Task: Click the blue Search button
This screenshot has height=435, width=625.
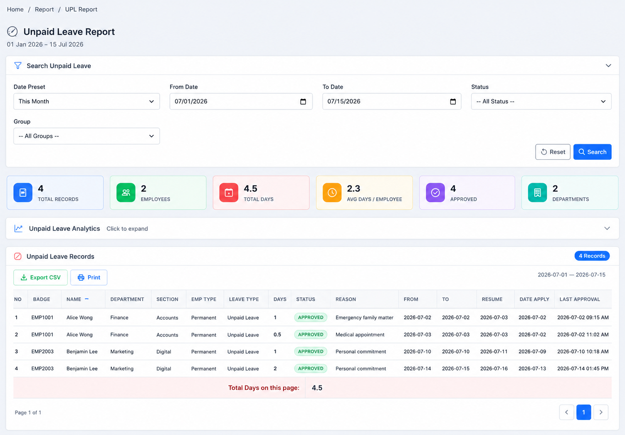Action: click(592, 152)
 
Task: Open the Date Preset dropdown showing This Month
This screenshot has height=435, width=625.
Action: click(86, 101)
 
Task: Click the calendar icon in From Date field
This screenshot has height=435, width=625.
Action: click(303, 101)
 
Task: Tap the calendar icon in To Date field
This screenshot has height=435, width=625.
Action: click(453, 101)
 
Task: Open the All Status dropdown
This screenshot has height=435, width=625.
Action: click(541, 101)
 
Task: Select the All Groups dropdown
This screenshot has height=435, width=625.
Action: click(86, 136)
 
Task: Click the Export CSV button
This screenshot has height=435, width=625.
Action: click(40, 277)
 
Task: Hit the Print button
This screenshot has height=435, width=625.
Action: click(89, 277)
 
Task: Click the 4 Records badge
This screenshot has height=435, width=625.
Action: click(592, 256)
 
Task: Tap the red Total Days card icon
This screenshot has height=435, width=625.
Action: click(229, 193)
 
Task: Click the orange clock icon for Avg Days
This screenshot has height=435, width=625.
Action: click(332, 193)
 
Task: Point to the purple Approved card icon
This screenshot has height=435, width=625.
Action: click(435, 193)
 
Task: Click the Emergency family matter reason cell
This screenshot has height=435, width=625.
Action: click(364, 318)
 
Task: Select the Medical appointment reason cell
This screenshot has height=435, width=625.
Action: click(360, 334)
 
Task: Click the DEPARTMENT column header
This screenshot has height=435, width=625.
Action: click(127, 299)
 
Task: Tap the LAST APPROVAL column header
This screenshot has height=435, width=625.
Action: click(580, 299)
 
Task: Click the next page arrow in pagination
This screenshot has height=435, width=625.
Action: click(601, 412)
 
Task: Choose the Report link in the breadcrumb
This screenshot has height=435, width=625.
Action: click(44, 9)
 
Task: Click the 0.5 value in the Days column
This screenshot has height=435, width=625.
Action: click(277, 334)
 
